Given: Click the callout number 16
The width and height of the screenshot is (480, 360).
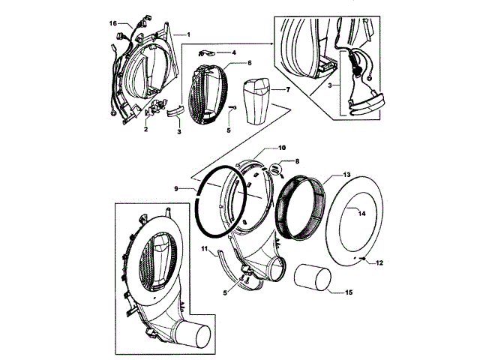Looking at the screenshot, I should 114,23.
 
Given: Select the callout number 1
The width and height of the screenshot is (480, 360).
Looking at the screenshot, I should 188,34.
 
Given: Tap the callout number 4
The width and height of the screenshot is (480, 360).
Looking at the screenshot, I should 233,52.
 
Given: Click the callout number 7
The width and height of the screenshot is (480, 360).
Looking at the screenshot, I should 286,89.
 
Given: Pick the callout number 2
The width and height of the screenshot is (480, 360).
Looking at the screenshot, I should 145,129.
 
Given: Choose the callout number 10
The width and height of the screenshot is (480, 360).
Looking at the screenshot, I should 262,148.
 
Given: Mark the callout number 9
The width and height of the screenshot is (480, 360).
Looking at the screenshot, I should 177,189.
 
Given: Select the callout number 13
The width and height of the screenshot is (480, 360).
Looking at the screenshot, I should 346,175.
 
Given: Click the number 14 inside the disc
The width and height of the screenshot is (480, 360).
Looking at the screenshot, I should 361,213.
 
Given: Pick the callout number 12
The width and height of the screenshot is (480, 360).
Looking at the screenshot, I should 379,262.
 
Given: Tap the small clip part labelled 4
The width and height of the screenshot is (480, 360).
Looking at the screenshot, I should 208,53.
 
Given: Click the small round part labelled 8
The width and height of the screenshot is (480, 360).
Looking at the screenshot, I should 276,169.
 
